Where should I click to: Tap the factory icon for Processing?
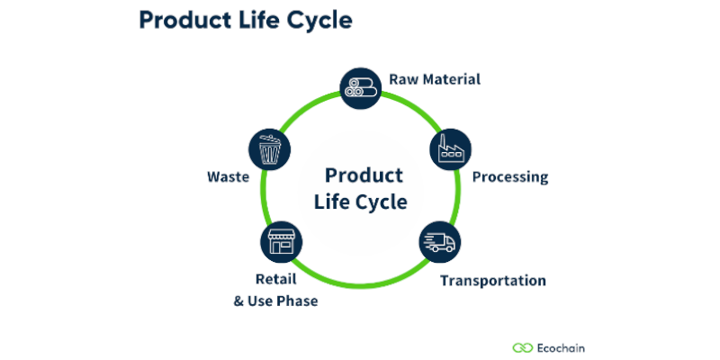tap(451, 150)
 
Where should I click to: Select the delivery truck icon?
tap(439, 241)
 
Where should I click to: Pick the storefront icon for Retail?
tap(280, 241)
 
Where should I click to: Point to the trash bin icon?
tap(267, 150)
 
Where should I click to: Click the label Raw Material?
tap(435, 79)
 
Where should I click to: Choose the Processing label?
tap(510, 176)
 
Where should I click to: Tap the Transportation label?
tap(492, 280)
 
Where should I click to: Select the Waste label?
tap(228, 176)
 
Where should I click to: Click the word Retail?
tap(274, 280)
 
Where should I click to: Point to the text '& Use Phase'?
tap(275, 301)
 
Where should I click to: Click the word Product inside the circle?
tap(364, 175)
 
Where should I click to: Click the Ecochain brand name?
tap(567, 346)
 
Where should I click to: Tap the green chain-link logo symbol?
tap(523, 346)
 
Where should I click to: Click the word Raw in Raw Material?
tap(402, 79)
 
